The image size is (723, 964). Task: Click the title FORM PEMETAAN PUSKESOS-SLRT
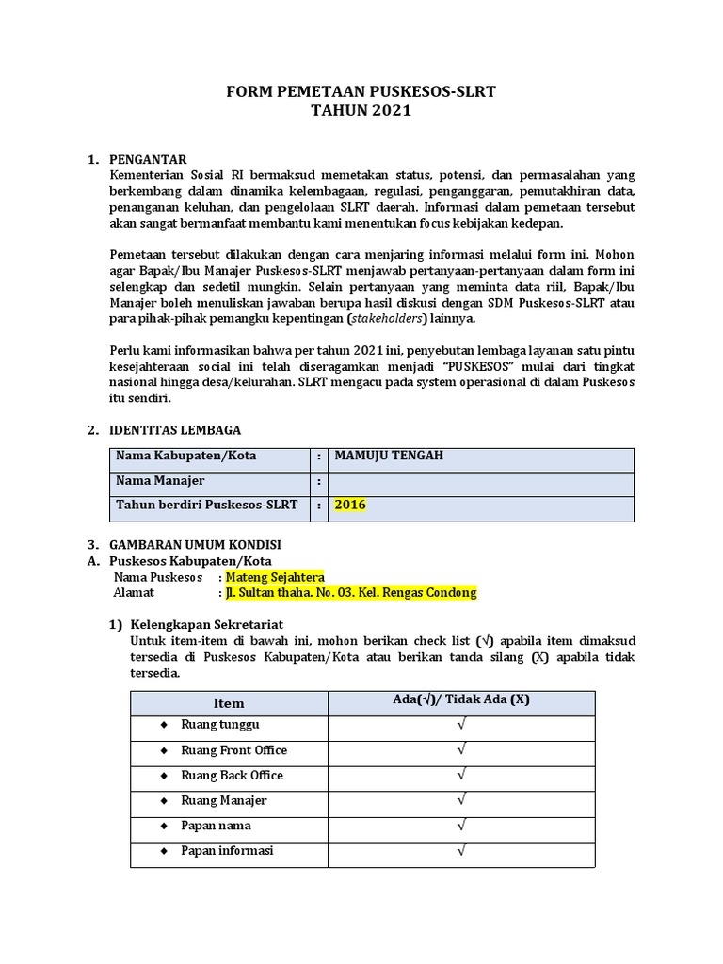(361, 91)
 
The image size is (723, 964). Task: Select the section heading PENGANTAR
(149, 158)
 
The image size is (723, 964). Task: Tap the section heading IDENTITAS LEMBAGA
(175, 429)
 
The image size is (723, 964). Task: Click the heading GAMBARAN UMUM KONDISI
(195, 544)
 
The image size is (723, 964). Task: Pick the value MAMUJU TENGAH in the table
(389, 456)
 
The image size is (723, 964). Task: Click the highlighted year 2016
(350, 506)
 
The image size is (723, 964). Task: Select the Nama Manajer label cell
(160, 481)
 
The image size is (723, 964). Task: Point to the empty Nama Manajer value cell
(480, 481)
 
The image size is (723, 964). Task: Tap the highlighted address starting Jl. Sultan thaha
(350, 593)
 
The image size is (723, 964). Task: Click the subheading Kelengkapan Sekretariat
(207, 624)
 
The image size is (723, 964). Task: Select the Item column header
(228, 703)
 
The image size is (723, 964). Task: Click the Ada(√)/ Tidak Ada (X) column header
(461, 699)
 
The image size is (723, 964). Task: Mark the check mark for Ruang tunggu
(461, 726)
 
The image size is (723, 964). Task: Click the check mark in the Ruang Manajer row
(461, 801)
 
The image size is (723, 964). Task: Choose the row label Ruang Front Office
(233, 750)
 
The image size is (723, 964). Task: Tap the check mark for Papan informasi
(461, 851)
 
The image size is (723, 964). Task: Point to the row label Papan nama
(216, 826)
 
